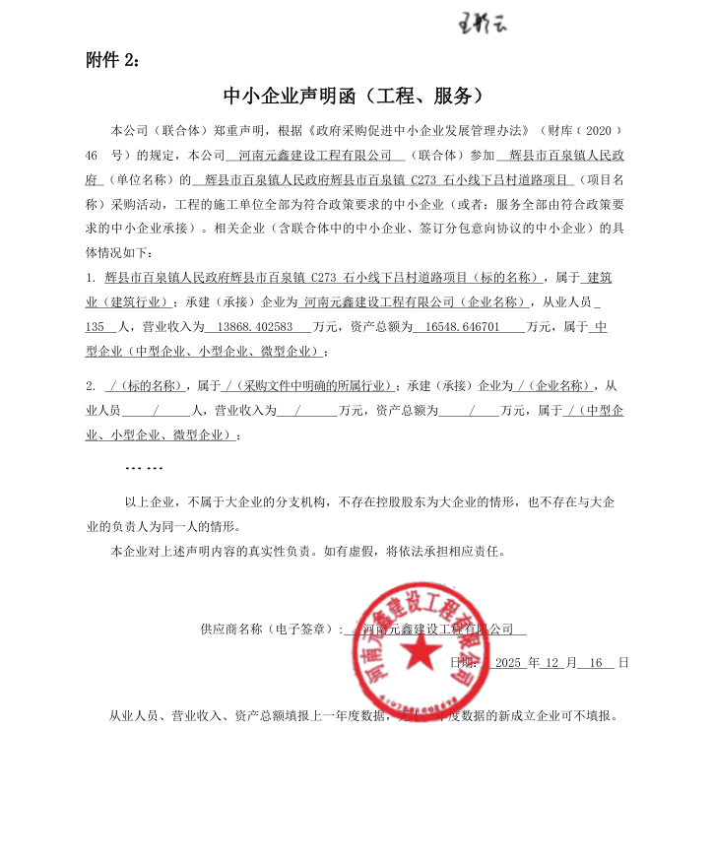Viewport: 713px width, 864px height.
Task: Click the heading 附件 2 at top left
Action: [x=113, y=60]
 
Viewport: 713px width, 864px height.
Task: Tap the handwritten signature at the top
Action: [x=484, y=21]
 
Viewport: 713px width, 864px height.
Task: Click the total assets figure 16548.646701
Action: [x=455, y=326]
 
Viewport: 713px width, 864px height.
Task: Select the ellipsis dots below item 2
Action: [x=145, y=467]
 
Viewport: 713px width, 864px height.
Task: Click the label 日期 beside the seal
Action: [x=463, y=663]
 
